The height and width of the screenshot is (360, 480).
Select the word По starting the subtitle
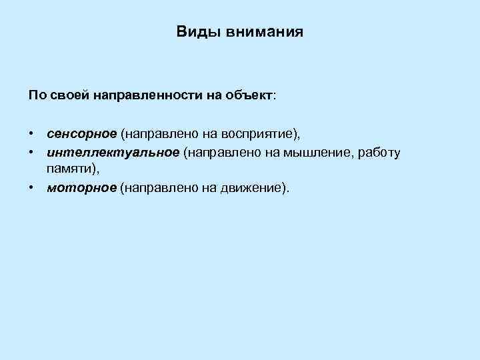click(x=36, y=95)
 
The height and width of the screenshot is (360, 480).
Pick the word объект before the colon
click(x=247, y=95)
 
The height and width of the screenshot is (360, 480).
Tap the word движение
click(x=252, y=188)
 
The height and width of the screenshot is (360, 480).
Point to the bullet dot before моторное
click(x=31, y=188)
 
